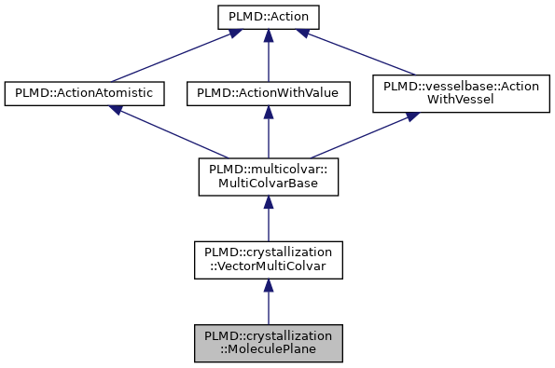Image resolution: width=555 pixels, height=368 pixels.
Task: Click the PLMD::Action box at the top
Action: pyautogui.click(x=268, y=17)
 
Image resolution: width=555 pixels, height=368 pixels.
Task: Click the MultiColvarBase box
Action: pyautogui.click(x=268, y=176)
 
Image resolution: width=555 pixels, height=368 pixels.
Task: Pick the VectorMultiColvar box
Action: pyautogui.click(x=268, y=260)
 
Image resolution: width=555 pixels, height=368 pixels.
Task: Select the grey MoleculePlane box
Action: pyautogui.click(x=268, y=344)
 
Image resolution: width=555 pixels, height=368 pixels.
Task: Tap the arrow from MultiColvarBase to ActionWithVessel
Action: pyautogui.click(x=364, y=135)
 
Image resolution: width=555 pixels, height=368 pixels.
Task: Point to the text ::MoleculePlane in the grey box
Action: pyautogui.click(x=268, y=351)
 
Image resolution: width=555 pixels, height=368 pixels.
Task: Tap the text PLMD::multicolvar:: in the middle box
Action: pyautogui.click(x=268, y=169)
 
